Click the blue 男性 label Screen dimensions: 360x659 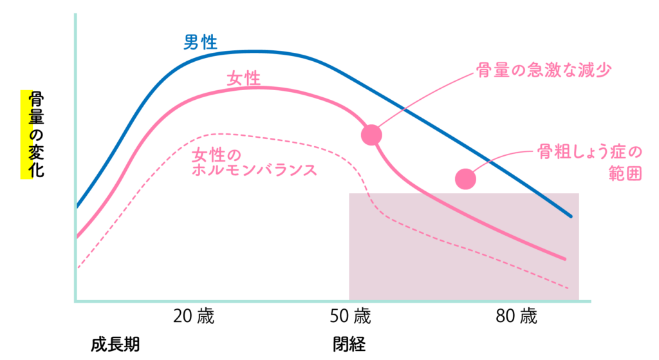click(200, 43)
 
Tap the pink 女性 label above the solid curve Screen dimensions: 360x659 click(243, 79)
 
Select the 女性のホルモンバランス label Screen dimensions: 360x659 click(254, 162)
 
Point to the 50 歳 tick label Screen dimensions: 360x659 click(351, 317)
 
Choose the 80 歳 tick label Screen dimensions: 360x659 click(516, 317)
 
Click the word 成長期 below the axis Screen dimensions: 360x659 click(115, 344)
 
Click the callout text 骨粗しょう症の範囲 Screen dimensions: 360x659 click(589, 163)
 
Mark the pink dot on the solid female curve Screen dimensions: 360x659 click(371, 135)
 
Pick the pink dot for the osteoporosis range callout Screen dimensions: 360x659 click(465, 179)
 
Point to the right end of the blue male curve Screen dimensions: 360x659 click(570, 216)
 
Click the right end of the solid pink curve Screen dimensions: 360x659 click(564, 258)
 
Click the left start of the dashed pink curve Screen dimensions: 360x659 click(78, 267)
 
